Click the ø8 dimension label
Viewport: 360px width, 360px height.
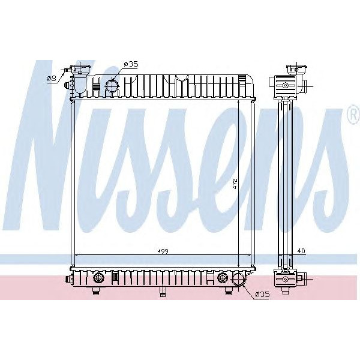[x=52, y=78]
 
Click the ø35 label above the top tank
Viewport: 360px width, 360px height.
[x=131, y=64]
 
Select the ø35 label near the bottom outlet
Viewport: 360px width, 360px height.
[x=262, y=294]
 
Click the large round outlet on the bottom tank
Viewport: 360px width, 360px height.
[x=239, y=280]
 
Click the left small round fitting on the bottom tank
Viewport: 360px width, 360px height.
[x=98, y=278]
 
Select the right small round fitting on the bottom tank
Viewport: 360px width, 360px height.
[x=223, y=278]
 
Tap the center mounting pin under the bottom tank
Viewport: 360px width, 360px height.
[x=162, y=292]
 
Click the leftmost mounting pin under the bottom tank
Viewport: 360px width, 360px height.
[x=95, y=292]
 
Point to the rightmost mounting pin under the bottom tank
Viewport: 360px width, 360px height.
[x=229, y=292]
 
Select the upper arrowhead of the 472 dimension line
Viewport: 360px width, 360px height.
[x=240, y=102]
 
